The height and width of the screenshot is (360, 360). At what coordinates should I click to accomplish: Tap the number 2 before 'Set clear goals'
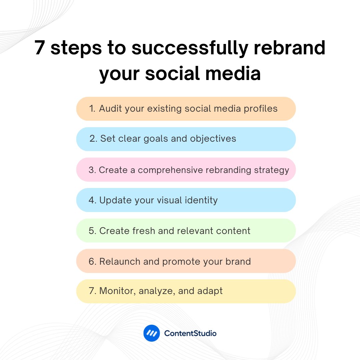coord(93,139)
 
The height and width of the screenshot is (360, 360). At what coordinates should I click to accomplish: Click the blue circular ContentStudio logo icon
coord(152,333)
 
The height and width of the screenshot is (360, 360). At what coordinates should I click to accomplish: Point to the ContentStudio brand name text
coord(190,333)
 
